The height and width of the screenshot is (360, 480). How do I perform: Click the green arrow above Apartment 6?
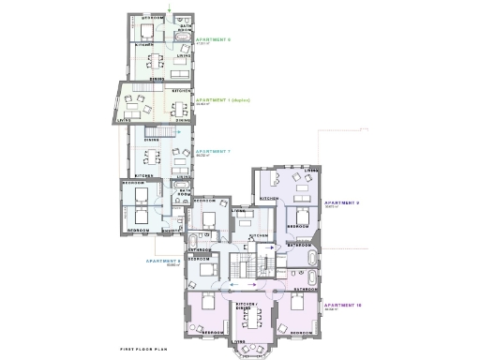click(x=169, y=9)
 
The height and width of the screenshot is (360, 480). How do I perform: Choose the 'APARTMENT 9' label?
click(x=341, y=202)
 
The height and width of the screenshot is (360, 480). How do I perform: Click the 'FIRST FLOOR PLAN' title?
click(x=143, y=348)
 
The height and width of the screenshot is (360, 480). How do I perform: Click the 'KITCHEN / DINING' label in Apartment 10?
click(x=247, y=306)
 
